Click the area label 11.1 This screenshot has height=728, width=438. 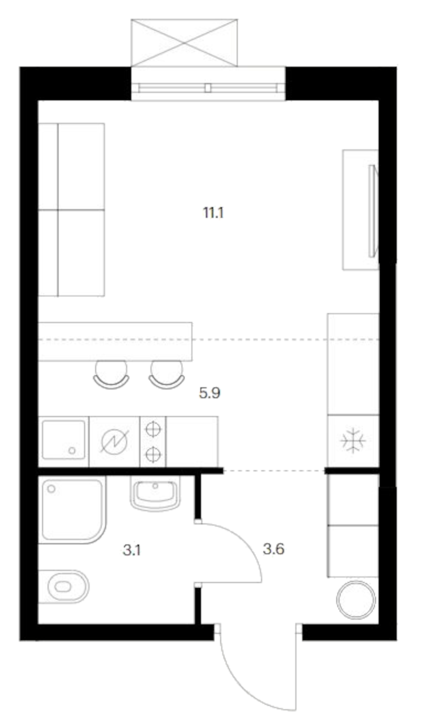(213, 213)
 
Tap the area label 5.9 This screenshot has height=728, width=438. (210, 393)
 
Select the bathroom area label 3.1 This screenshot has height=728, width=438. (132, 550)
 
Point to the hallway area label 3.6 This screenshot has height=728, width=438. (273, 549)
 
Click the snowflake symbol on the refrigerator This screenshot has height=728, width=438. (353, 440)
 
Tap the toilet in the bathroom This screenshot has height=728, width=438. (64, 586)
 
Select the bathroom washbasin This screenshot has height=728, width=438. (155, 492)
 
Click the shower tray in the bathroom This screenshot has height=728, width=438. (72, 510)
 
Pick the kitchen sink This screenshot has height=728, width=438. (64, 440)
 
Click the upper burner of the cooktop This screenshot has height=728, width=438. (153, 429)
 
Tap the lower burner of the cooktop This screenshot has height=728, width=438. (153, 454)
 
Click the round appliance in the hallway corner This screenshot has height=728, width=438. (356, 599)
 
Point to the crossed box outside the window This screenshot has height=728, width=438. (184, 43)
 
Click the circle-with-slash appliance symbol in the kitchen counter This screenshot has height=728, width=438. (115, 441)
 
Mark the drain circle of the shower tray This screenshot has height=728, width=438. (51, 489)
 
